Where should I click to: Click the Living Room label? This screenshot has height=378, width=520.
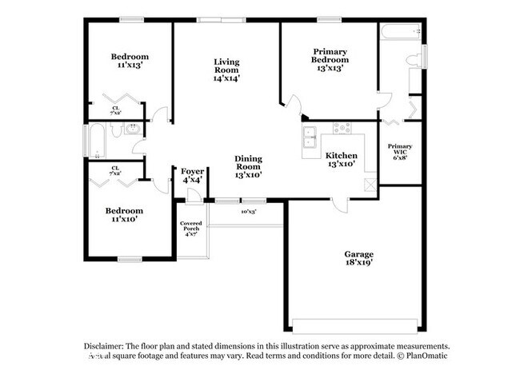coord(226,70)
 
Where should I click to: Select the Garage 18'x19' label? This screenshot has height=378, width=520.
coord(359,257)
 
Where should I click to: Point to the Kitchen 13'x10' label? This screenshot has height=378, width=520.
coord(341,160)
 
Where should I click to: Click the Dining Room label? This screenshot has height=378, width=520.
coord(249,165)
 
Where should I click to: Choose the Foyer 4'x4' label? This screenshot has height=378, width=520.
coord(192,176)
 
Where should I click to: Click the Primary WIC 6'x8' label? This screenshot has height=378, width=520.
coord(399,152)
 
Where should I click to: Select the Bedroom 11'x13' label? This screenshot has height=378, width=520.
coord(130,61)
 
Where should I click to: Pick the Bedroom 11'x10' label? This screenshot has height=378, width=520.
coord(124,216)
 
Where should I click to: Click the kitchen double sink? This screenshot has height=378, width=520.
coord(310,143)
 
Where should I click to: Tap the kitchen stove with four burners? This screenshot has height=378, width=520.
coord(342,128)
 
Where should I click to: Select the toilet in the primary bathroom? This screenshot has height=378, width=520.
coord(413,62)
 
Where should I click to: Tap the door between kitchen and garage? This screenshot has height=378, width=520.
coord(341,205)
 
